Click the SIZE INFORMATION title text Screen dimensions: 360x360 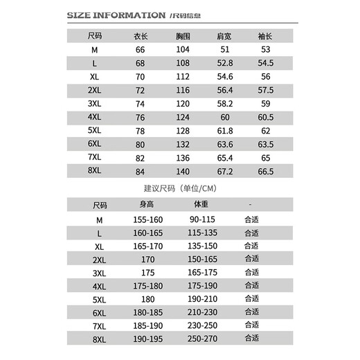click(x=116, y=15)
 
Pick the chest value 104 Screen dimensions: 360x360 click(x=182, y=51)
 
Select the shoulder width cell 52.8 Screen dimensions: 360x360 click(x=224, y=64)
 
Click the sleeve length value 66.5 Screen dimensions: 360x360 click(x=265, y=170)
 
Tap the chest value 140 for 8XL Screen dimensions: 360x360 click(x=182, y=170)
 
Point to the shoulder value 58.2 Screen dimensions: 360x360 click(x=224, y=103)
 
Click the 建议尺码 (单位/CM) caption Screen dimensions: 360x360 click(x=179, y=188)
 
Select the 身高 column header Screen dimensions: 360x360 click(x=147, y=205)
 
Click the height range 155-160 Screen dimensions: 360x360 click(x=147, y=219)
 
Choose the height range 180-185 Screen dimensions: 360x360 click(x=147, y=312)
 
